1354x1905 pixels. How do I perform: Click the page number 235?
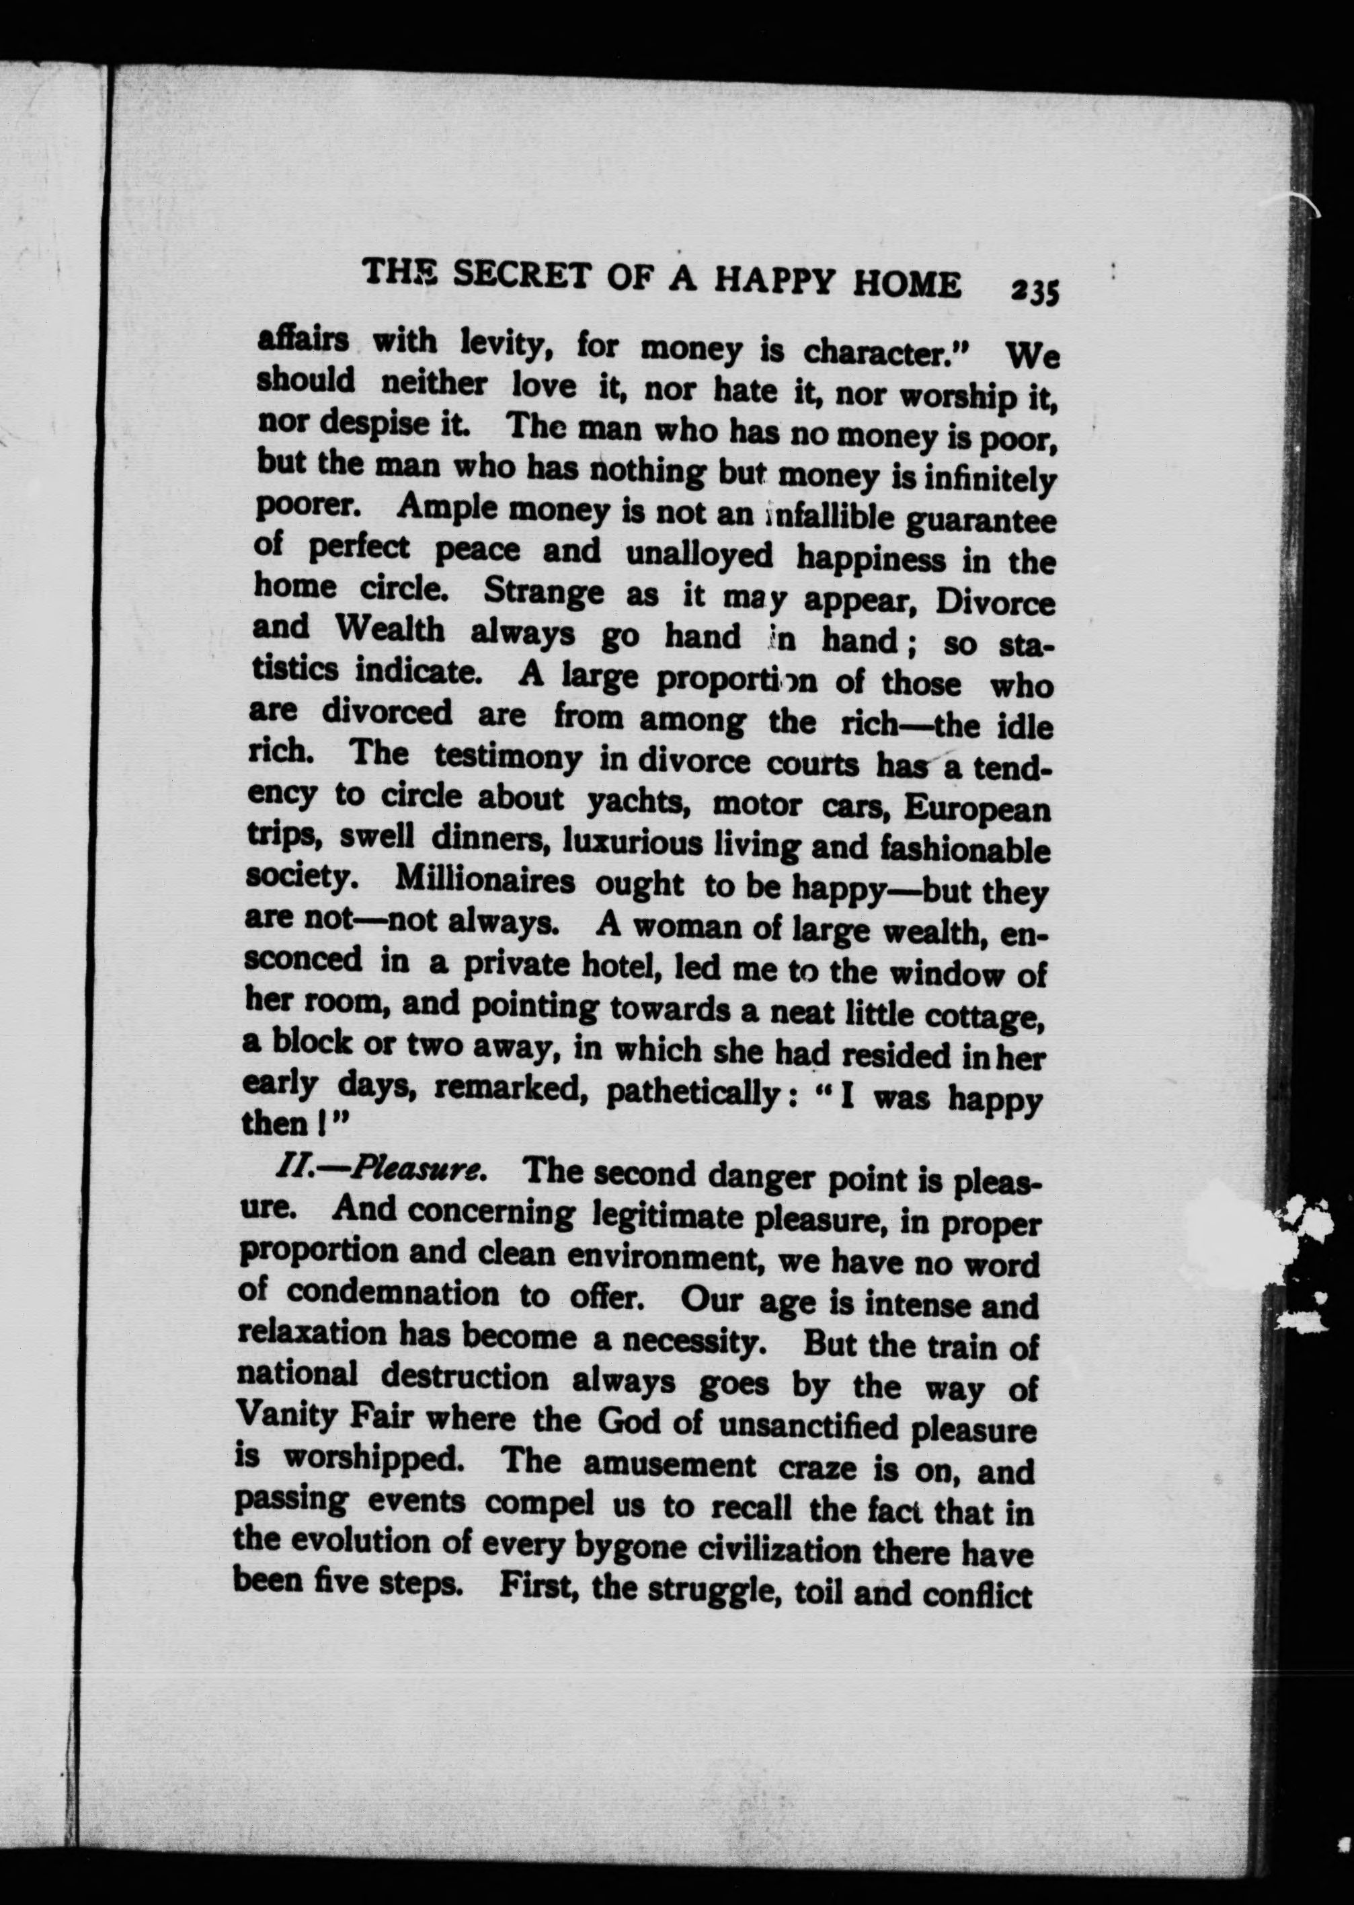[x=1034, y=293]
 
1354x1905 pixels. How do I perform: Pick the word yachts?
[x=636, y=802]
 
